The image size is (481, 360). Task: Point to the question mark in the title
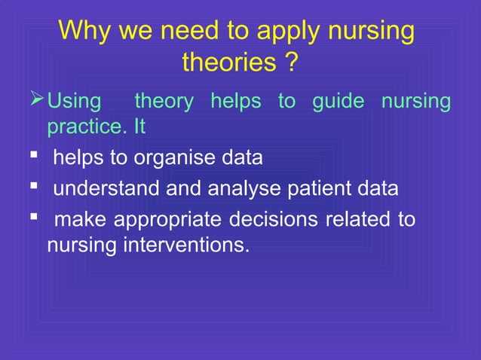290,63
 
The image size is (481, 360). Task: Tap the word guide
338,102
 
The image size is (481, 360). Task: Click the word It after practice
139,127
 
